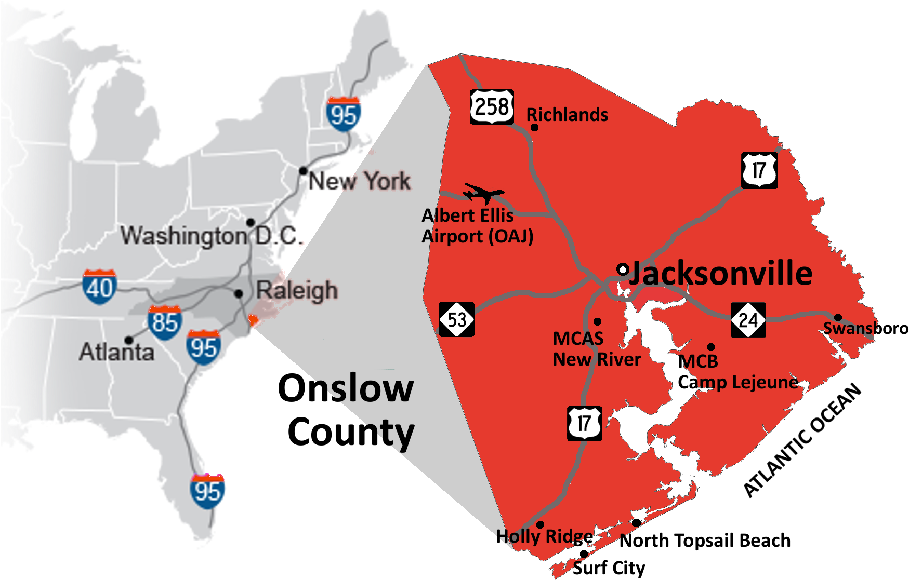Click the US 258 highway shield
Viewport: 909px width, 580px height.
coord(492,107)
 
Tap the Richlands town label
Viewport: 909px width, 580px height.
coord(567,115)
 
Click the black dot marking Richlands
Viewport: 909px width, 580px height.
coord(534,127)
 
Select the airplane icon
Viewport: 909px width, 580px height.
coord(483,193)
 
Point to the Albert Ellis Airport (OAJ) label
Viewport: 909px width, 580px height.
coord(477,226)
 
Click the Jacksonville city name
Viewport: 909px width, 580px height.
coord(721,273)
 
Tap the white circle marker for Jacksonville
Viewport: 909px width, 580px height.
coord(623,269)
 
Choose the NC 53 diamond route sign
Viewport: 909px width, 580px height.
coord(457,319)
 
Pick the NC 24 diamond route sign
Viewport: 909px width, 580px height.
coord(748,320)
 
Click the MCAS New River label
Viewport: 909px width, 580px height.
coord(596,349)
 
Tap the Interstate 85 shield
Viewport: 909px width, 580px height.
coord(165,322)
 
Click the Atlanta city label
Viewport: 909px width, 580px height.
coord(117,353)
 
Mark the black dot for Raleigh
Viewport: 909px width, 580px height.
coord(239,294)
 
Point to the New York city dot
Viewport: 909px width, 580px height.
coord(303,171)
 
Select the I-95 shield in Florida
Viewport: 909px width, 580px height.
coord(208,491)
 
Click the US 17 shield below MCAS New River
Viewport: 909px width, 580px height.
coord(585,423)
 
